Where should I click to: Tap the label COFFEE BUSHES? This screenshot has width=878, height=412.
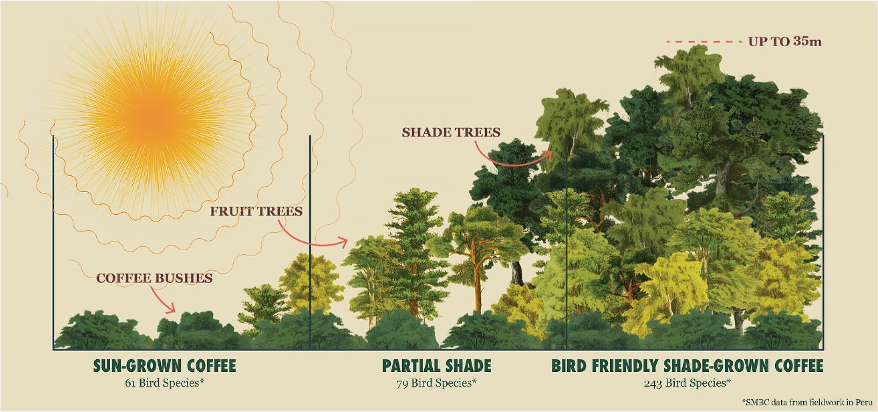click(154, 278)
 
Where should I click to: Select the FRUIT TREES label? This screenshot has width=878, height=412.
click(256, 211)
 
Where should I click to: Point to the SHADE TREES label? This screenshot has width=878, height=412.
click(451, 132)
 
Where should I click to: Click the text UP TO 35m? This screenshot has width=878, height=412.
click(785, 42)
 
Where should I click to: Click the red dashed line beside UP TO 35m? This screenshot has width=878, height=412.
click(704, 42)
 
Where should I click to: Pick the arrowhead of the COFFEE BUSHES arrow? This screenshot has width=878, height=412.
click(172, 309)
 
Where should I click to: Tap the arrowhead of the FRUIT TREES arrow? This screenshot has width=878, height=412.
click(344, 242)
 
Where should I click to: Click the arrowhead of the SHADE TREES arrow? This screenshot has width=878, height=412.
click(549, 155)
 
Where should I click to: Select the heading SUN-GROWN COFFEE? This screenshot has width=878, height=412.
click(164, 366)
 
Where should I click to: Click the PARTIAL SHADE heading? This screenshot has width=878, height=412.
click(436, 366)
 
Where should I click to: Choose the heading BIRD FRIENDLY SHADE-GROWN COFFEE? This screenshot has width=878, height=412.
click(687, 366)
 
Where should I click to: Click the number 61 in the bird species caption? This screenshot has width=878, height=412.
click(130, 383)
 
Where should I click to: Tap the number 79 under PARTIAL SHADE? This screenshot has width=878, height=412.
click(402, 383)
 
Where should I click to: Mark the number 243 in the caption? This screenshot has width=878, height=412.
click(653, 383)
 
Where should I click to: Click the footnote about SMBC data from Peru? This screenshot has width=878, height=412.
click(807, 402)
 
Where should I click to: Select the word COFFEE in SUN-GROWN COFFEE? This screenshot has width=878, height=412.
click(211, 366)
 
